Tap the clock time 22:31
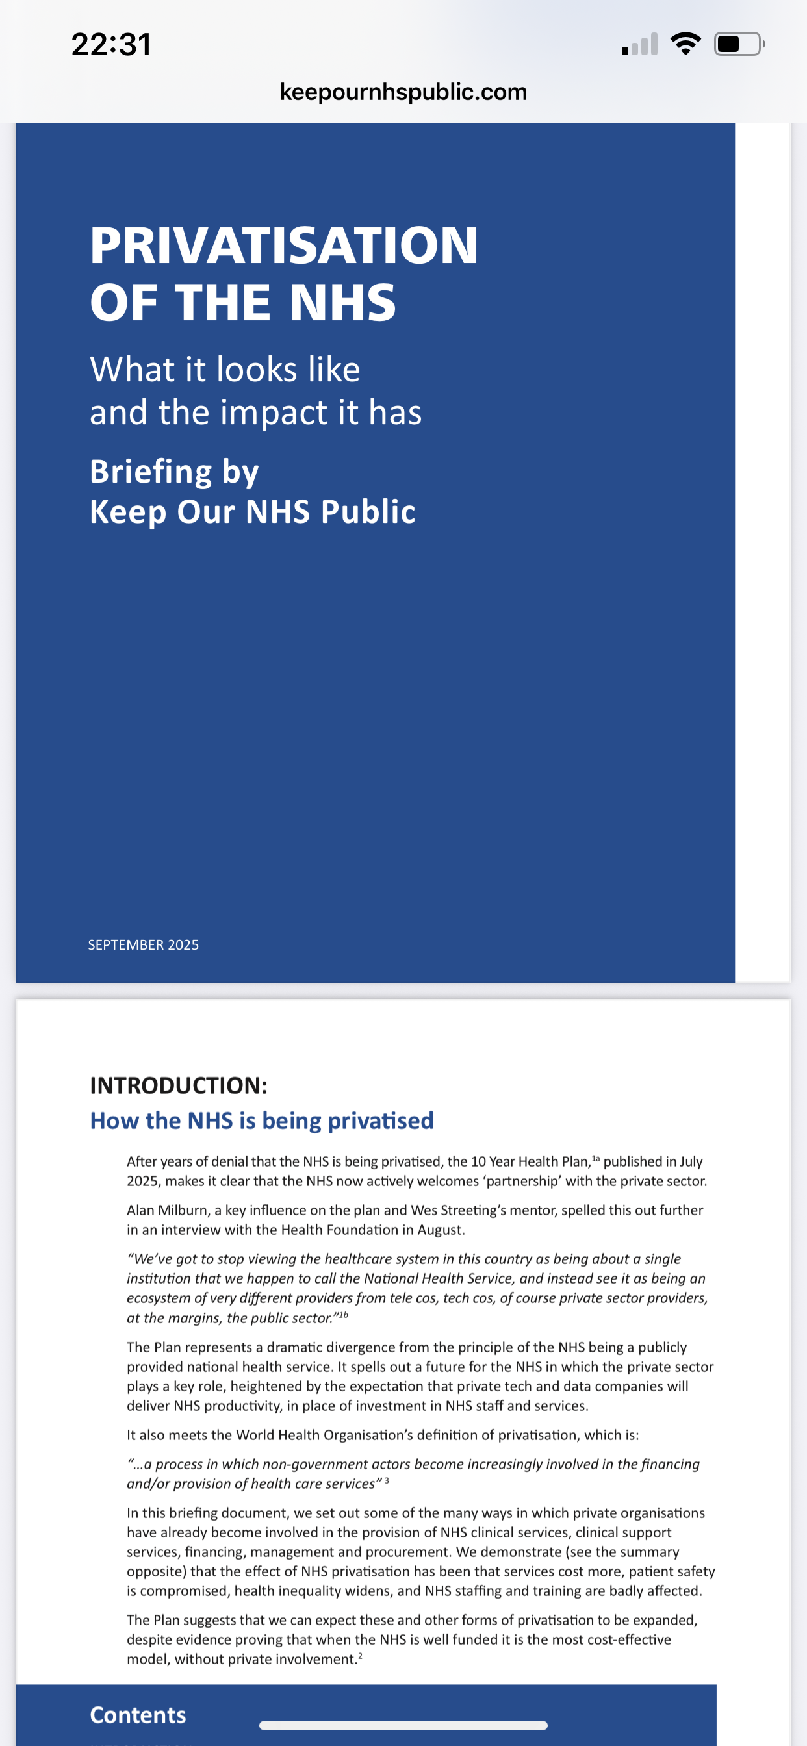[111, 45]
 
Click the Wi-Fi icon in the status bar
[685, 44]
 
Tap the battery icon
[738, 44]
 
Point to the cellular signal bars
[639, 45]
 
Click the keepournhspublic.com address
[403, 92]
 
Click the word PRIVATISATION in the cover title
[284, 246]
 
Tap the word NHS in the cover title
[342, 302]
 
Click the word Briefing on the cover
[151, 471]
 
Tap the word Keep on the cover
[128, 512]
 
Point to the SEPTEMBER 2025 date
[144, 945]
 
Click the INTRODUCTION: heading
[178, 1085]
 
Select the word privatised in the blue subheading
[381, 1121]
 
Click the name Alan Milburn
[167, 1210]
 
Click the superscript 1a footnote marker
[595, 1158]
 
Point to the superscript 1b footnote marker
[343, 1315]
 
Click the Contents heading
[138, 1715]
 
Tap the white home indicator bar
[403, 1725]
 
